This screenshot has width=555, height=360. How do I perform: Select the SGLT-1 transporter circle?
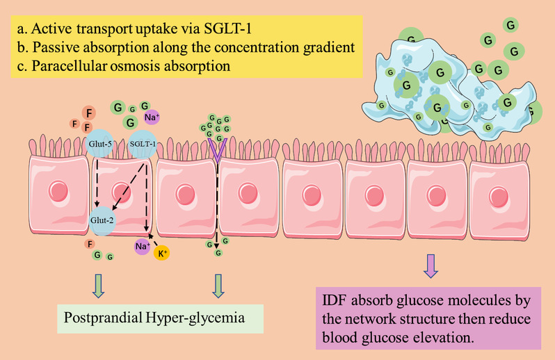pyautogui.click(x=143, y=144)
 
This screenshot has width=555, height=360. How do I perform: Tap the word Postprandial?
pyautogui.click(x=102, y=319)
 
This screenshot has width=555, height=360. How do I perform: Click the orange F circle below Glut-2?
pyautogui.click(x=88, y=243)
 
